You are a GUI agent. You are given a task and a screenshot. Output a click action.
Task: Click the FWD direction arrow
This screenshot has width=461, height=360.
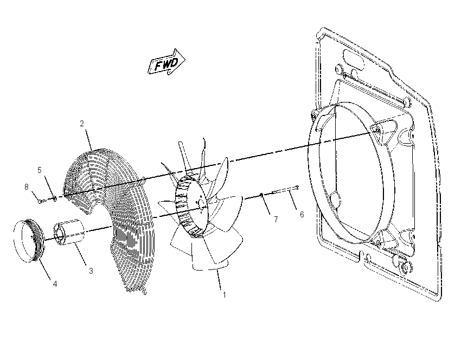pos(167,62)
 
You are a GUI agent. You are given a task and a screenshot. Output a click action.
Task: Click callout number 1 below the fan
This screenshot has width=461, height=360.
pos(225,295)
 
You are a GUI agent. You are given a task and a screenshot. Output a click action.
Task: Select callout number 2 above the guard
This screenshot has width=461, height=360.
pos(82,124)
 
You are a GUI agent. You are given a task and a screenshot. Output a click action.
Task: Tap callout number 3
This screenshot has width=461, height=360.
pos(91,271)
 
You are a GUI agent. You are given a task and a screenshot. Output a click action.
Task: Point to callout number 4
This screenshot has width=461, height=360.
pos(55,284)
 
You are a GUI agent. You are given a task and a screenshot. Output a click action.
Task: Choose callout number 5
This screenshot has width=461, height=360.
pos(40,170)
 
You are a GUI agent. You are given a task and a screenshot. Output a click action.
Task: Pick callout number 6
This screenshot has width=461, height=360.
pos(302,215)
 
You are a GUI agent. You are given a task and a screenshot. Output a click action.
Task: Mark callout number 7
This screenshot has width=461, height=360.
pos(276,220)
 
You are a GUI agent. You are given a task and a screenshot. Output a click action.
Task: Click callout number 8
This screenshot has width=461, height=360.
pos(27,187)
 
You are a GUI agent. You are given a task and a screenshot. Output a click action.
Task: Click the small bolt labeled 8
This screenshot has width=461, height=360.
pos(41,201)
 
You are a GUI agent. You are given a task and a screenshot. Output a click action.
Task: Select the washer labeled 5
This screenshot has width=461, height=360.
pos(54,199)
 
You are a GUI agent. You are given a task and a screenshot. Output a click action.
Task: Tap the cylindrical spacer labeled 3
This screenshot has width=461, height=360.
pos(69,232)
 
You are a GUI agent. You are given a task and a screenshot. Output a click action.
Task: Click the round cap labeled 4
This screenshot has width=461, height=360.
pos(29,240)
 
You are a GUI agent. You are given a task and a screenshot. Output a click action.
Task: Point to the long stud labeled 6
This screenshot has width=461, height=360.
pos(286,190)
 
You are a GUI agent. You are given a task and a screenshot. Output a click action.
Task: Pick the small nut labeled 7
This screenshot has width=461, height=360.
pos(261,195)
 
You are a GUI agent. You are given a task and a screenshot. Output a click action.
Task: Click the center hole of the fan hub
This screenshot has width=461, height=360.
pos(201,203)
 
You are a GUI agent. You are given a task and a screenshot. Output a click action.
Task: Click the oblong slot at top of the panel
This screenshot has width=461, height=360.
pos(354,57)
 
